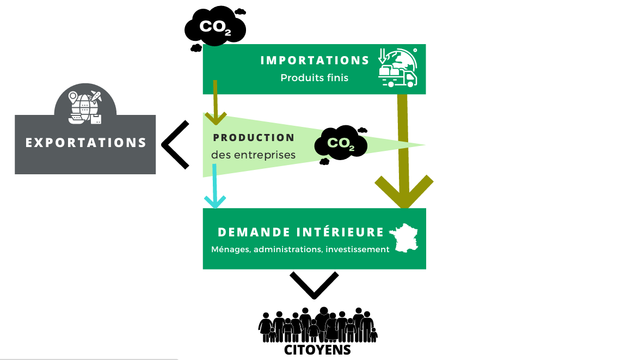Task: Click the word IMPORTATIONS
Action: [x=315, y=60]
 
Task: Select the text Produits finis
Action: [x=314, y=78]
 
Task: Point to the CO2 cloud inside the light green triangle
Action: [x=341, y=144]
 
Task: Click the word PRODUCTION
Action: [x=254, y=138]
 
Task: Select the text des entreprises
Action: [x=253, y=155]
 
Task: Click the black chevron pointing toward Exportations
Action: [x=175, y=144]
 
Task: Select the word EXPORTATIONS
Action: [x=86, y=143]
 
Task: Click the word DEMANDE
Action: [x=247, y=233]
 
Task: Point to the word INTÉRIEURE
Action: [x=341, y=233]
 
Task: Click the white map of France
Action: [x=405, y=237]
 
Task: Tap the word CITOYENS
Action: [x=317, y=350]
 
